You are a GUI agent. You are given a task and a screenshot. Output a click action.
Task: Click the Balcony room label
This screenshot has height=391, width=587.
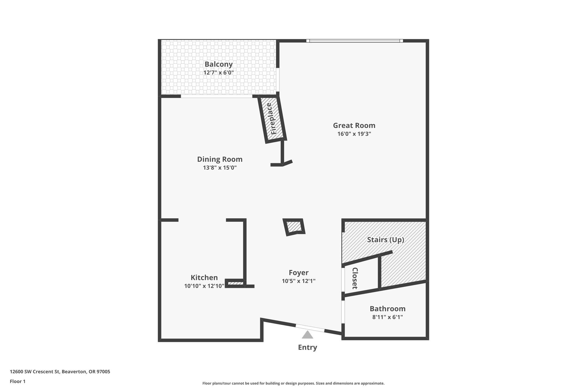coord(218,64)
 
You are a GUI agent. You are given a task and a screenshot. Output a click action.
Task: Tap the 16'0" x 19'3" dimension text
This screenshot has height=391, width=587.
coord(354,134)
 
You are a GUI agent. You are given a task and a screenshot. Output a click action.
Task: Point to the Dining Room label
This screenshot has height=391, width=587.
coord(220,159)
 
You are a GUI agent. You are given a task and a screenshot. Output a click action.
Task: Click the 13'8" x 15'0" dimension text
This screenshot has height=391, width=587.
coord(220,168)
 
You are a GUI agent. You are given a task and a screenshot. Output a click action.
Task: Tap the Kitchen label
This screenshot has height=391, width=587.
coord(204,278)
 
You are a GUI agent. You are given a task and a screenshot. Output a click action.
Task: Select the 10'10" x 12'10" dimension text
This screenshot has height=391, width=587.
coord(204,286)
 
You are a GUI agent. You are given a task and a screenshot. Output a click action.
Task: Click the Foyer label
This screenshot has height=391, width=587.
coord(298,273)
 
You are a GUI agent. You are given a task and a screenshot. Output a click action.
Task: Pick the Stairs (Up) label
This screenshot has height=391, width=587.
coord(386,240)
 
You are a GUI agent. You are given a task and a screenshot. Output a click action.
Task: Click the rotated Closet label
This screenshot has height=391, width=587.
coord(355,278)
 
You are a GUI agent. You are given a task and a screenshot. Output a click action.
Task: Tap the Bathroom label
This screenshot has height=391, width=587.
coord(387,309)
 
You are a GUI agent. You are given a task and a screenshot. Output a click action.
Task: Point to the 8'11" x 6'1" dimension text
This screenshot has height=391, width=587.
coord(387,317)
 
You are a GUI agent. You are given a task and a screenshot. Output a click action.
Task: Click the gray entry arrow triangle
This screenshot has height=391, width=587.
coord(307,335)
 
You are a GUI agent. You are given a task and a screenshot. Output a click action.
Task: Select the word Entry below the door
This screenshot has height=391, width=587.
coord(307,347)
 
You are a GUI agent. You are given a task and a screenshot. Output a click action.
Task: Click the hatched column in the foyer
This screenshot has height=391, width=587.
coord(294,227)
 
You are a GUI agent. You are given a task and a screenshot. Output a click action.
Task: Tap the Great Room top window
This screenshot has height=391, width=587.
coord(354,41)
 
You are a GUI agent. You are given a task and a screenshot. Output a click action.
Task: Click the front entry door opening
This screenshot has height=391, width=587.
coord(310,328)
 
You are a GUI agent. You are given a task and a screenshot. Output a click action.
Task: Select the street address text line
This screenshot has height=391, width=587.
coord(60,372)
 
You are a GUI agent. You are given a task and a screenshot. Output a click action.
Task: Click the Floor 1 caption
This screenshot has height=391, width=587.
coord(17,382)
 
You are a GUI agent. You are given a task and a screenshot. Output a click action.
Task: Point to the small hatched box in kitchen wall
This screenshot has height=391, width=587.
coord(236,284)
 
